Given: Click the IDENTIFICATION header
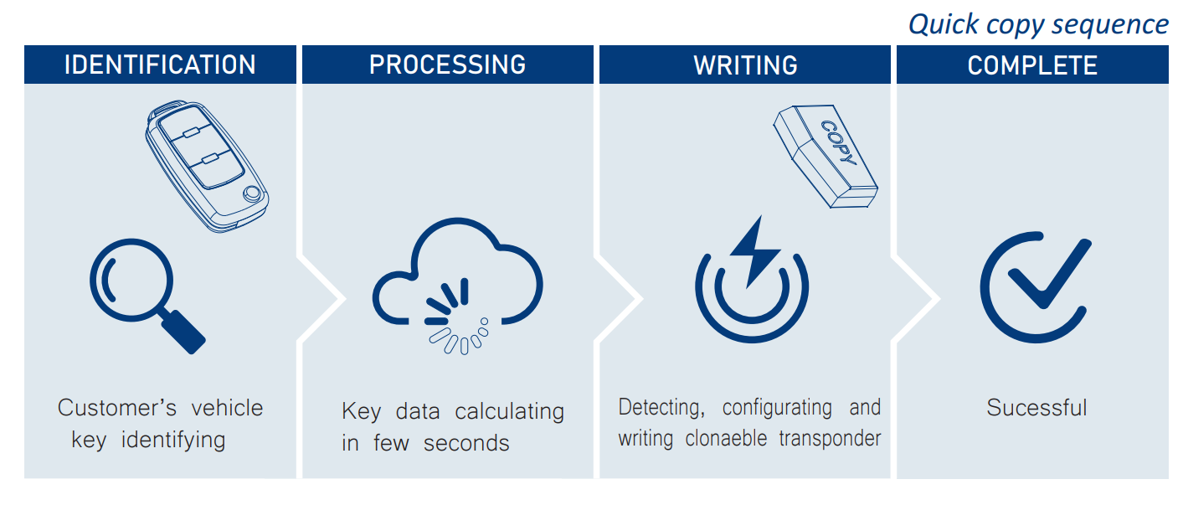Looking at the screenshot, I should point(160,65).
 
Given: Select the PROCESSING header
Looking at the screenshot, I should point(447,65).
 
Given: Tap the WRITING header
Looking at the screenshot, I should point(745,65).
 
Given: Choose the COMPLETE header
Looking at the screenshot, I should point(1032,65).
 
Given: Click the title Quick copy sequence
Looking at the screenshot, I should point(1038,24).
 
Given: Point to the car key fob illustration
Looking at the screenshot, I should point(206,164).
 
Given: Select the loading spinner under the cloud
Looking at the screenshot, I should point(452,322).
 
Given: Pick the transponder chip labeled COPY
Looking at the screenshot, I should point(825,159).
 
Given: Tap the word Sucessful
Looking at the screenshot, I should point(1036,408).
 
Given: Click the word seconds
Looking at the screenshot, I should point(466,442).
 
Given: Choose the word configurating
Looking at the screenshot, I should point(777,408).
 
